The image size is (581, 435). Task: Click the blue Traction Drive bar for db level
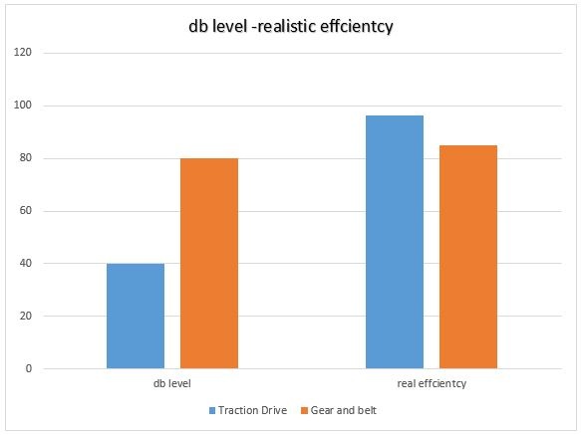click(x=136, y=317)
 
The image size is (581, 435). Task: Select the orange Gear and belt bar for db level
click(x=209, y=264)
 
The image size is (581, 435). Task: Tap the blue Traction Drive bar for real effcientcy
click(x=394, y=243)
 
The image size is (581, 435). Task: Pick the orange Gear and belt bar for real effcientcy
click(x=468, y=257)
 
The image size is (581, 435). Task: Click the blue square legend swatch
click(x=212, y=409)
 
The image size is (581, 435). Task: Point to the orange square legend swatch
click(x=302, y=409)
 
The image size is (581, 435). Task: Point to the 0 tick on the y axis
click(x=29, y=369)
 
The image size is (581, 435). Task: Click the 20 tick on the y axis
click(x=26, y=317)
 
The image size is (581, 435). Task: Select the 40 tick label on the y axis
click(x=26, y=264)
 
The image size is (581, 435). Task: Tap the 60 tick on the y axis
click(x=26, y=211)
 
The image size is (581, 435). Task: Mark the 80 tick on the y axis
click(x=26, y=158)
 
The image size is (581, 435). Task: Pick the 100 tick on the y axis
click(x=24, y=106)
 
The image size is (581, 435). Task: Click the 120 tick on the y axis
click(x=24, y=53)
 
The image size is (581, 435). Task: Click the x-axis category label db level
click(x=172, y=383)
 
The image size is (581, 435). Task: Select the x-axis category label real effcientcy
click(x=432, y=383)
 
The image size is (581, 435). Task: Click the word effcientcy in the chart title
click(x=356, y=27)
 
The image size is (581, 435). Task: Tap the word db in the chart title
click(x=198, y=27)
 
